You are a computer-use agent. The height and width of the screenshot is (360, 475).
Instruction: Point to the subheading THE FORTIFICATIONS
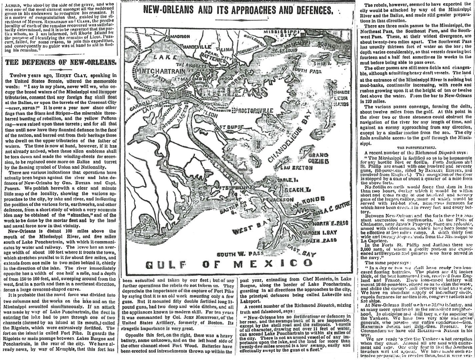[x=416, y=147]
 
